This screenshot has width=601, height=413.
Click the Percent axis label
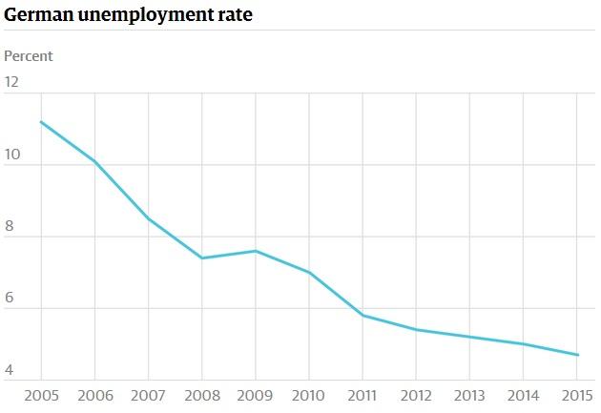(x=29, y=56)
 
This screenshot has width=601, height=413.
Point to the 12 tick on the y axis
(x=11, y=82)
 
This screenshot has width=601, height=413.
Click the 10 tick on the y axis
(x=11, y=155)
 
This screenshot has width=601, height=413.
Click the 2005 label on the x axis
(x=41, y=396)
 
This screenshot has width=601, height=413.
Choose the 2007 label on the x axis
(x=149, y=396)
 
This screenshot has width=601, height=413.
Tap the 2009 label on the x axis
(x=256, y=396)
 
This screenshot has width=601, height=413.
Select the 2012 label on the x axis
(x=417, y=396)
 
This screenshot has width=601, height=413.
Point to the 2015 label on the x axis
(x=577, y=396)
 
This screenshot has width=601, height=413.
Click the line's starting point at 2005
(x=41, y=122)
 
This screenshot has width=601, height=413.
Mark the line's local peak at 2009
(x=256, y=251)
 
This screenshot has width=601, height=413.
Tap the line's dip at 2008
(x=202, y=258)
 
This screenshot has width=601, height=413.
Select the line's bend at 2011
(x=363, y=316)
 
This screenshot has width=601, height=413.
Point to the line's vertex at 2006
(x=94, y=161)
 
